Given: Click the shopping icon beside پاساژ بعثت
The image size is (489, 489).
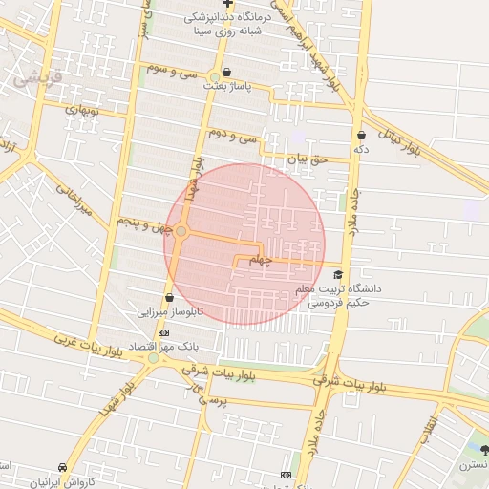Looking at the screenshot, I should pos(226,72).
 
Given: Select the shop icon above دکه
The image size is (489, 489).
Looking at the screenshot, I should pos(361,136).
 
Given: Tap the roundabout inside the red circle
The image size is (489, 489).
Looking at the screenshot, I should pos(181,231).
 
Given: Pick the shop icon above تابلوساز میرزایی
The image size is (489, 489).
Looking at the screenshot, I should pos(170,297).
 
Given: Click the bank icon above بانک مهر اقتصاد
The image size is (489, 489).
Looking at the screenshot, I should pos(164,332).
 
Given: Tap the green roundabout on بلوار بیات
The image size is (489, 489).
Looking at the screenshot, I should pos(153,358).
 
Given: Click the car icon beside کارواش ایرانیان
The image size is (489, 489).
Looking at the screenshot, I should pos(63,468).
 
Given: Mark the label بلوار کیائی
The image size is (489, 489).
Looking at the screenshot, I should pos(399,139).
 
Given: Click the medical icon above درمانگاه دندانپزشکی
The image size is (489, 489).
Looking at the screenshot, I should pos(227,5).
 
